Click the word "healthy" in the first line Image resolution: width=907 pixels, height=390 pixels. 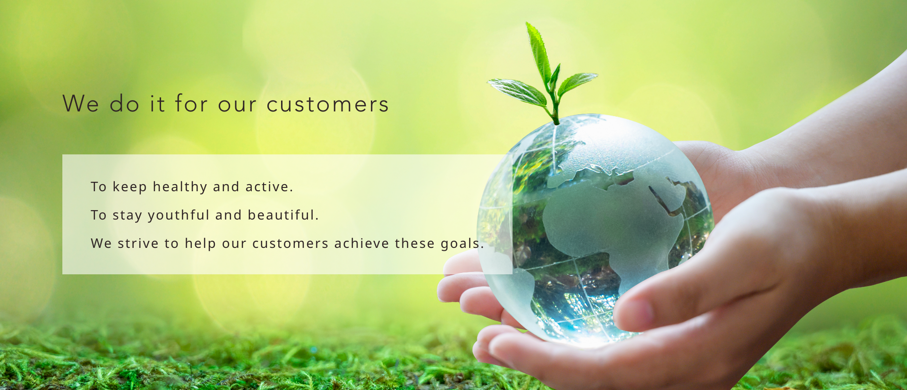tap(180, 187)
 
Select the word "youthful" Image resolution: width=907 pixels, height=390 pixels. tap(179, 215)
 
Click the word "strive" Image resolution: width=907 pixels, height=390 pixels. tap(138, 243)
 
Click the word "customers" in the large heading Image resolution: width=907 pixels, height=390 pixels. tap(328, 104)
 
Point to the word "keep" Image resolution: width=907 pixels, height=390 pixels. tap(129, 187)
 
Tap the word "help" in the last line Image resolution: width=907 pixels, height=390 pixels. tap(200, 244)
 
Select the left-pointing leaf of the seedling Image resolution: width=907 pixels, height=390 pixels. tap(517, 91)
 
